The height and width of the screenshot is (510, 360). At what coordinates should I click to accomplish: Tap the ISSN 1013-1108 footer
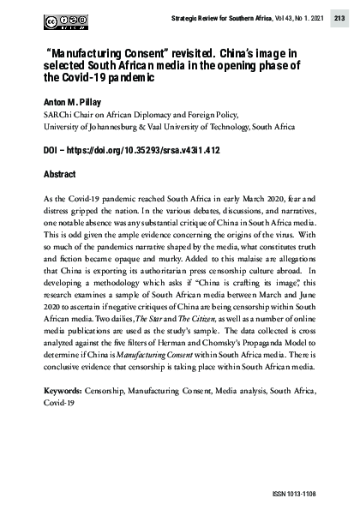tap(318, 494)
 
